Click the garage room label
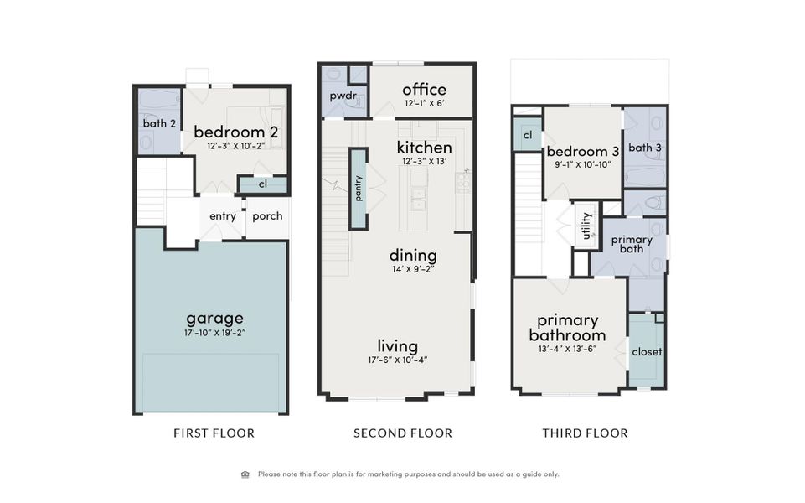point(214,318)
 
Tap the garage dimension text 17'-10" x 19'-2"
point(214,333)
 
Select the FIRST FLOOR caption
point(214,433)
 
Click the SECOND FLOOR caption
point(403,433)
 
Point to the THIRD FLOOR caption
point(585,433)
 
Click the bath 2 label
point(159,124)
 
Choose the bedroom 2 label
point(235,132)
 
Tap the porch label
point(267,216)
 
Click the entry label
point(223,216)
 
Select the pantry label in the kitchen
point(359,189)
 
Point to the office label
point(424,90)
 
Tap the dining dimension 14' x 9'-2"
point(412,269)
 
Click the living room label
point(397,345)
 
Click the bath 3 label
point(645,148)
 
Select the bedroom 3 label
point(583,152)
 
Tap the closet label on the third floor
point(646,352)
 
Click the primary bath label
point(632,244)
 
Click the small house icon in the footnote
point(245,474)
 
